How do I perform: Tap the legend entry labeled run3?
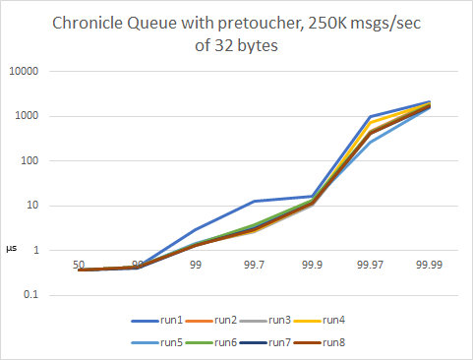(280, 321)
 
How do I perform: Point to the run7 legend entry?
(280, 342)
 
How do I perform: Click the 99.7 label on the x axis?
(254, 266)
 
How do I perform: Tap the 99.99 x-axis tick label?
(428, 266)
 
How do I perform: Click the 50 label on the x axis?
(79, 266)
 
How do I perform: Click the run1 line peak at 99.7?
(254, 202)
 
